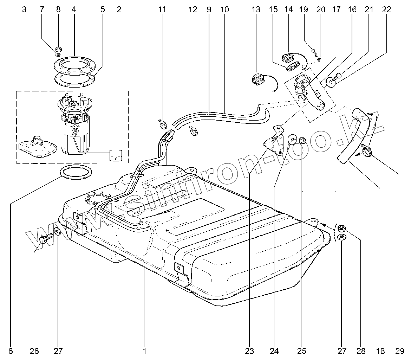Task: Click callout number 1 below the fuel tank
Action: pos(144,351)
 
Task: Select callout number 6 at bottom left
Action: pos(10,351)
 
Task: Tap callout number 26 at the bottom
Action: pos(34,351)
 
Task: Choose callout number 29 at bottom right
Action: pos(399,351)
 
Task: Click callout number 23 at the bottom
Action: pos(249,351)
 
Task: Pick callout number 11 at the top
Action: pos(162,9)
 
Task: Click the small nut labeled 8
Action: pos(59,49)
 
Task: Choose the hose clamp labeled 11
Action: pos(161,123)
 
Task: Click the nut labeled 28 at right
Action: pos(341,229)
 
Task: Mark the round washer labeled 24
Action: pos(292,139)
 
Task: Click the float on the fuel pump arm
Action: pos(116,155)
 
